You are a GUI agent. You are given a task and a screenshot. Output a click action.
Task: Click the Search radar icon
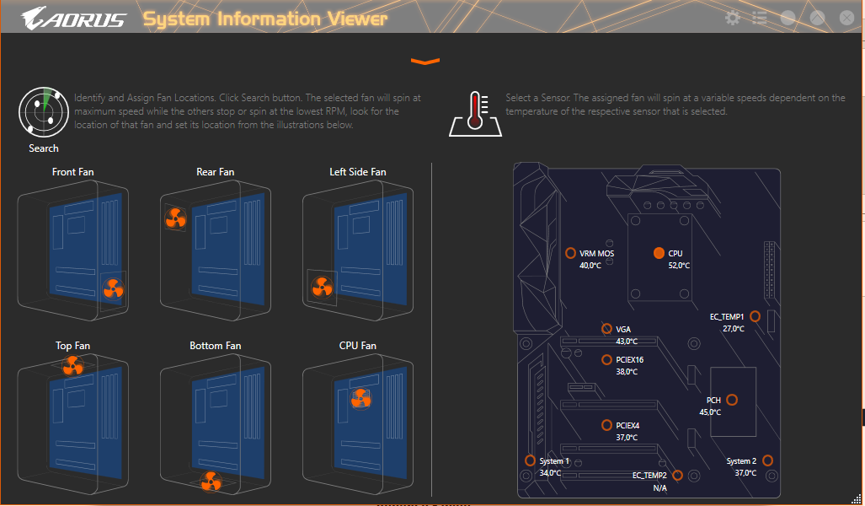pyautogui.click(x=44, y=111)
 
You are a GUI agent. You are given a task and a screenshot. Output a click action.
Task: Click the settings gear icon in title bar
pyautogui.click(x=733, y=18)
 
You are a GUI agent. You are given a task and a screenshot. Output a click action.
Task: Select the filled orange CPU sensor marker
pyautogui.click(x=659, y=253)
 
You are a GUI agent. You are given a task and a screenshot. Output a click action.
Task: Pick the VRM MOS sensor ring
pyautogui.click(x=571, y=253)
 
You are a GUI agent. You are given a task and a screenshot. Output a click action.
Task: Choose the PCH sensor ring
pyautogui.click(x=732, y=400)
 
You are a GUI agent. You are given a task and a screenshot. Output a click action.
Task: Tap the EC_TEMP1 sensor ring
pyautogui.click(x=756, y=316)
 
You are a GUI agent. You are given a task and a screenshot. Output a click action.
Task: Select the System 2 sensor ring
pyautogui.click(x=767, y=460)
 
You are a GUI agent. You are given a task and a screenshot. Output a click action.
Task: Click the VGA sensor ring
pyautogui.click(x=606, y=329)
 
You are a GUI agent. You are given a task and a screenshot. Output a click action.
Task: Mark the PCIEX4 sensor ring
pyautogui.click(x=606, y=425)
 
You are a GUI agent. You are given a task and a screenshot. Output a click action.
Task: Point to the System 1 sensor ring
pyautogui.click(x=530, y=460)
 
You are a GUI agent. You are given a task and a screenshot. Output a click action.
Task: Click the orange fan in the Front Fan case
pyautogui.click(x=113, y=288)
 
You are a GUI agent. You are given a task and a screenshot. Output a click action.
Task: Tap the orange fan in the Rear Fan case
pyautogui.click(x=175, y=218)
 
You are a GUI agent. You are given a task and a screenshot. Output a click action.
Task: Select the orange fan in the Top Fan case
pyautogui.click(x=72, y=366)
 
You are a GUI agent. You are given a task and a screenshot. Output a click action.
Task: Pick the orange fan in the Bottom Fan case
pyautogui.click(x=211, y=482)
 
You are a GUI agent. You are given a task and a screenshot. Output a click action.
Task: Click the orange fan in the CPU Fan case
pyautogui.click(x=360, y=398)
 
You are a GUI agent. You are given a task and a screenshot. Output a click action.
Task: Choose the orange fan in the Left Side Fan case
pyautogui.click(x=323, y=288)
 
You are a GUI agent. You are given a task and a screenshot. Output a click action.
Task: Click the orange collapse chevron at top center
pyautogui.click(x=425, y=62)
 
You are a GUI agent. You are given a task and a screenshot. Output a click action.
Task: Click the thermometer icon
pyautogui.click(x=476, y=114)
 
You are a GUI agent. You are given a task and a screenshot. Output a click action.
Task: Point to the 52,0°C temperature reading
pyautogui.click(x=679, y=266)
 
